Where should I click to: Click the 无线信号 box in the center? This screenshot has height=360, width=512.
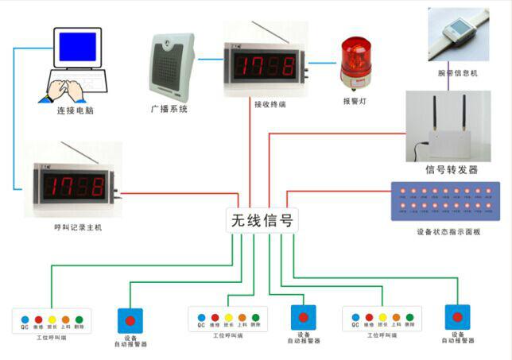pyautogui.click(x=262, y=219)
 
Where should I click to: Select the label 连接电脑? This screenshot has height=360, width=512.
pyautogui.click(x=76, y=111)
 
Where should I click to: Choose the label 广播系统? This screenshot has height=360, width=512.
pyautogui.click(x=169, y=108)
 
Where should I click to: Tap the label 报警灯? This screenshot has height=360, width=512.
pyautogui.click(x=355, y=102)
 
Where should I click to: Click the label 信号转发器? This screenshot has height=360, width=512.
pyautogui.click(x=451, y=170)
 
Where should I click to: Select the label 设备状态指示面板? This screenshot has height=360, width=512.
pyautogui.click(x=447, y=233)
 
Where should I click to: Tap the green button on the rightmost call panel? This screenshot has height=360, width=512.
pyautogui.click(x=409, y=318)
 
